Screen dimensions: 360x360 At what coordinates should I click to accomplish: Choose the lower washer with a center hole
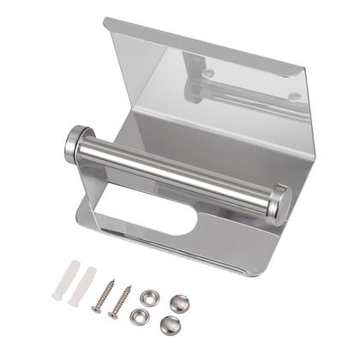pyautogui.click(x=140, y=315)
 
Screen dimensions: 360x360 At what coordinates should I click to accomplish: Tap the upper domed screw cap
pyautogui.click(x=180, y=302)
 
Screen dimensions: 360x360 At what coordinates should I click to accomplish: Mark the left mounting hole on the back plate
pyautogui.click(x=207, y=74)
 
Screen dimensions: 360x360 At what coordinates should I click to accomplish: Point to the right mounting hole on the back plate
pyautogui.click(x=294, y=96)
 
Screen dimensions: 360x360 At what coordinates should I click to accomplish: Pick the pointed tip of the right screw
pyautogui.click(x=111, y=316)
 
